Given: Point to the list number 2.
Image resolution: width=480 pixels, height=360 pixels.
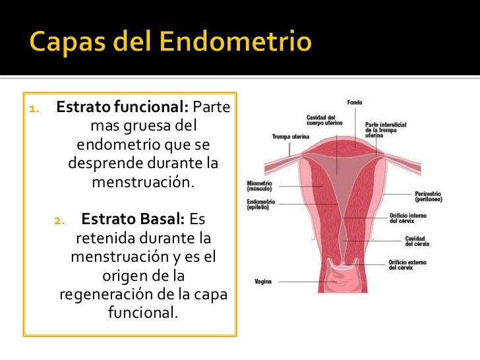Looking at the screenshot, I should coord(58,220).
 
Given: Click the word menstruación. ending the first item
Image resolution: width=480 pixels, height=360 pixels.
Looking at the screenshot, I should coord(143,181).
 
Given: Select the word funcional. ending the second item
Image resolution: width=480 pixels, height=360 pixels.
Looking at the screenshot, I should coord(143,312).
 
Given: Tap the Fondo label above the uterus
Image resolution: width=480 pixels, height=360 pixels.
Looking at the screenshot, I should coord(355,102).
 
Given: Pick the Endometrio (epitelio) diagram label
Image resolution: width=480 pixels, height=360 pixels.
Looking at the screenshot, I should coord(261,204).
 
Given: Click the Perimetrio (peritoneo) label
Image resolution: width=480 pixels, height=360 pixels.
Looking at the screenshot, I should coord(429,196).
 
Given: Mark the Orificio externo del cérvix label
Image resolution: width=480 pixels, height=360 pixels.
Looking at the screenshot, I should coord(407,265).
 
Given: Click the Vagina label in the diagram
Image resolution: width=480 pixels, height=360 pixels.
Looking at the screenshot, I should coord(264,282).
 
